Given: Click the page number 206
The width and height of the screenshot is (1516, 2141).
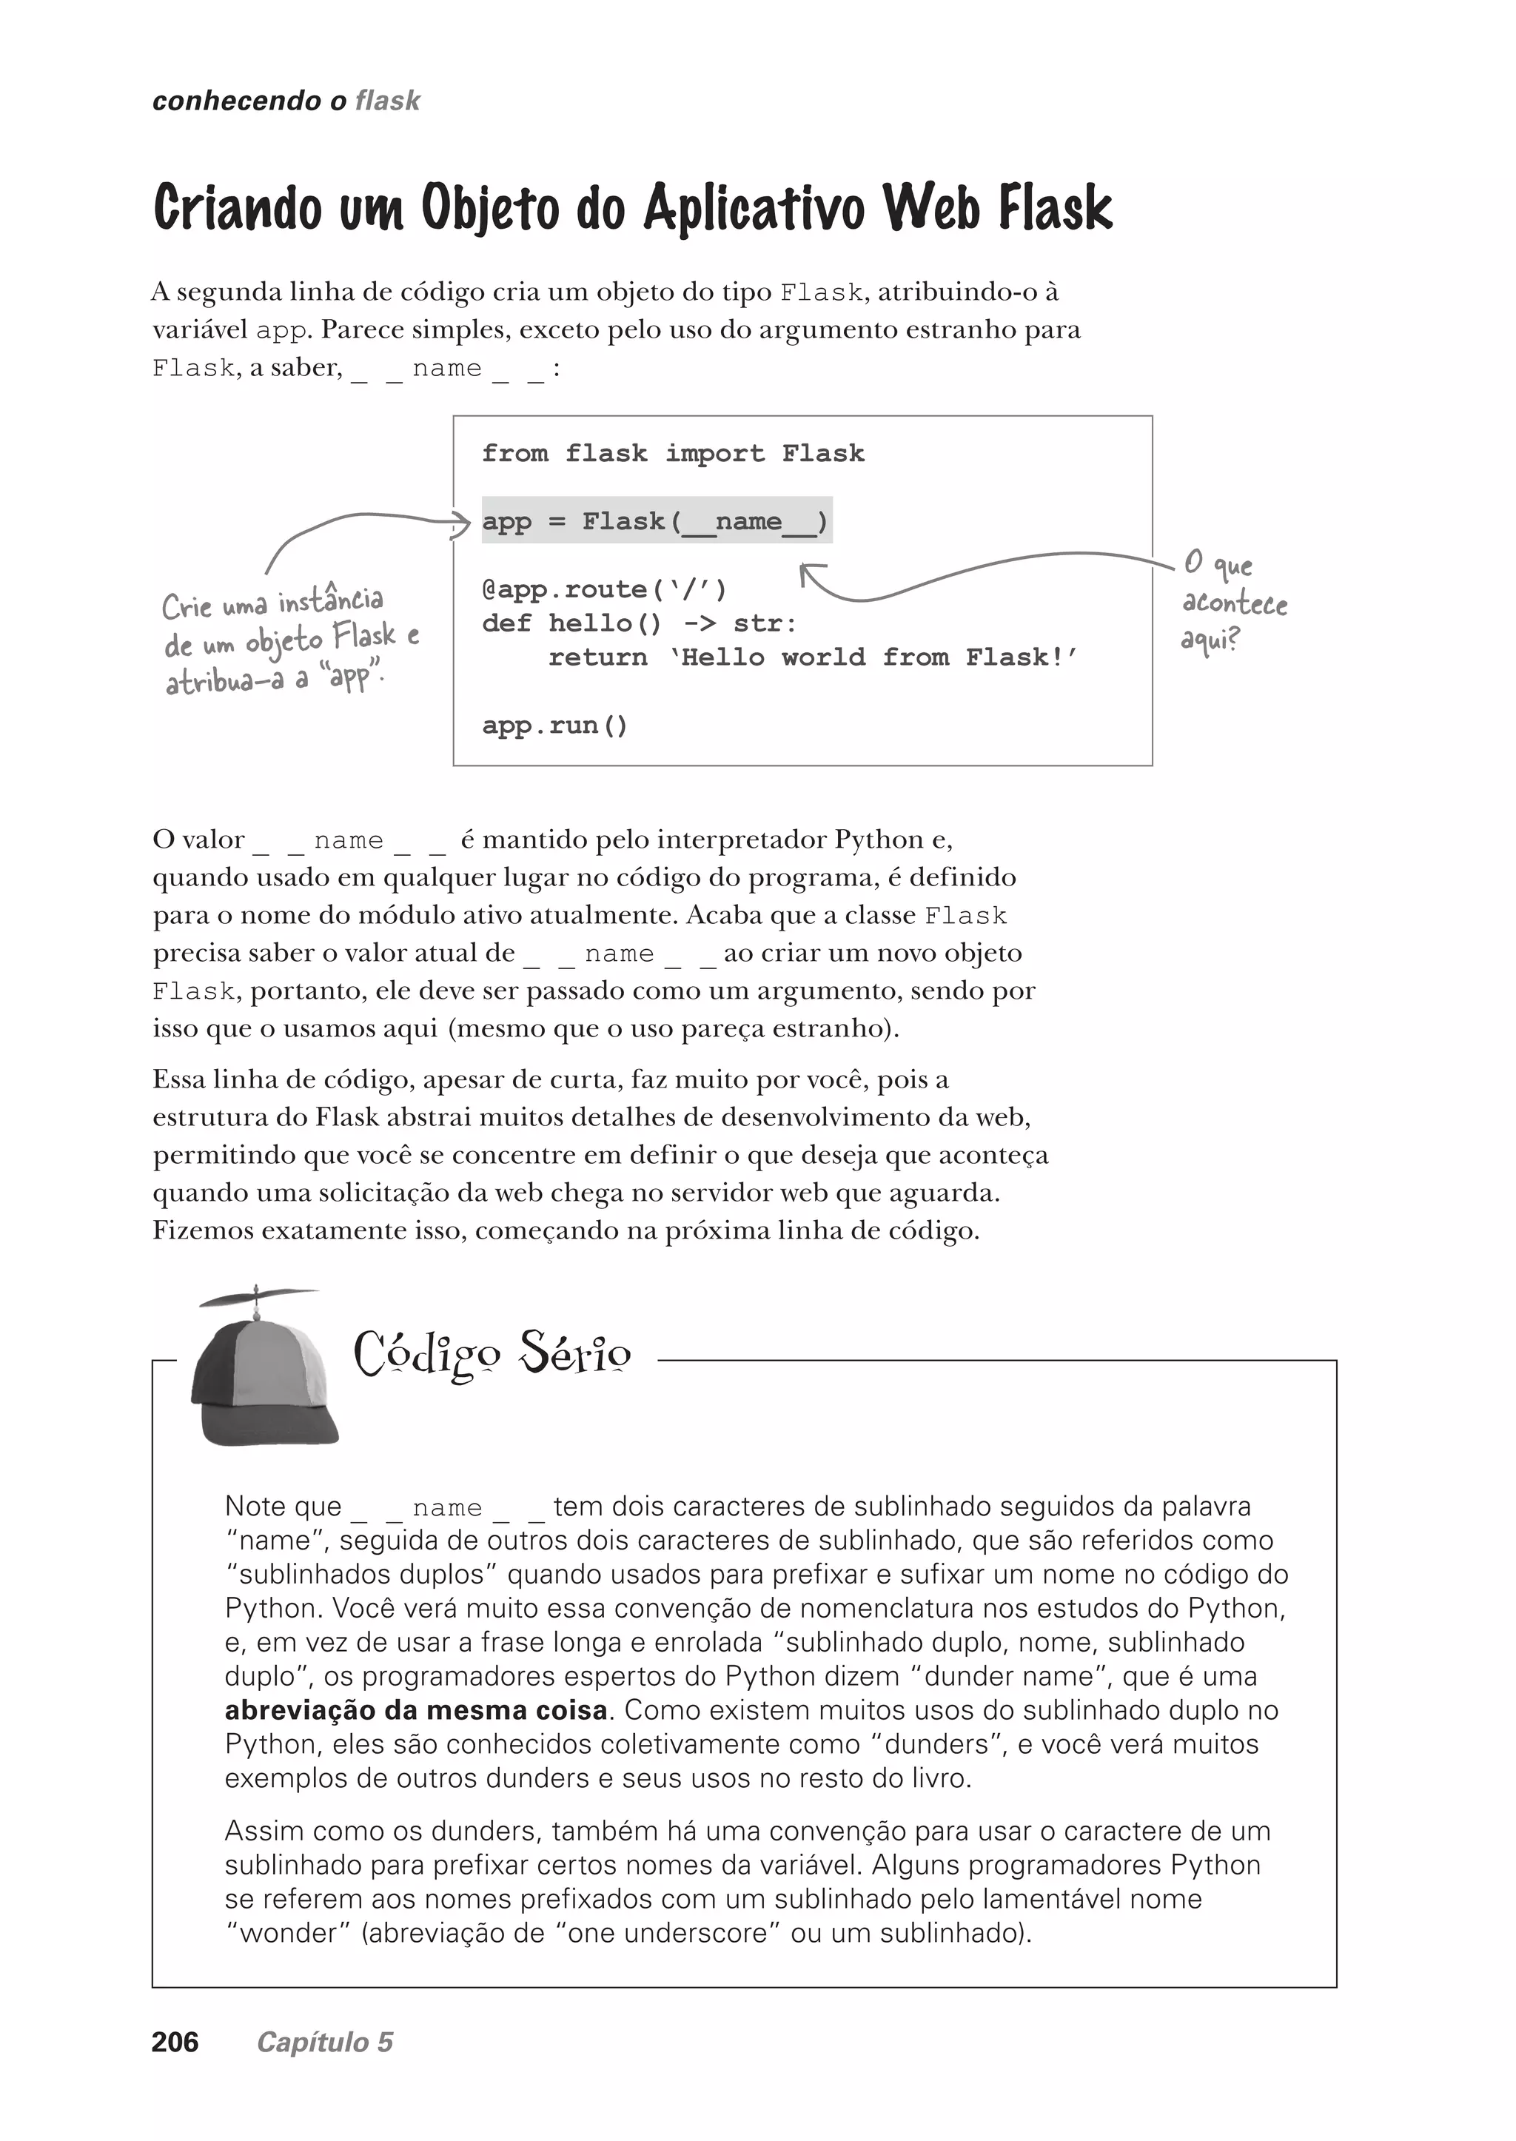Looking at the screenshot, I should pyautogui.click(x=175, y=2042).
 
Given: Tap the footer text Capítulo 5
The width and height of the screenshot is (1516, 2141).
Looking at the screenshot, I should pyautogui.click(x=325, y=2042).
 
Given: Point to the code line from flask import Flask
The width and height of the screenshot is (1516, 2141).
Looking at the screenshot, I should pyautogui.click(x=673, y=454).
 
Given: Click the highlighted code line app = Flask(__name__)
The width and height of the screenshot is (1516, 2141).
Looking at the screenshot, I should pyautogui.click(x=655, y=521).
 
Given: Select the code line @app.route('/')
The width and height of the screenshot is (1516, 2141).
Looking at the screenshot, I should pyautogui.click(x=604, y=589).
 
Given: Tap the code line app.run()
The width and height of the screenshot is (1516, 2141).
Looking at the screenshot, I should pyautogui.click(x=555, y=726).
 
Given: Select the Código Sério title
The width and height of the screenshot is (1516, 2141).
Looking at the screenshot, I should pyautogui.click(x=492, y=1355).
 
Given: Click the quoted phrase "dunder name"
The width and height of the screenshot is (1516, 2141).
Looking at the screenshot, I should pyautogui.click(x=1007, y=1676).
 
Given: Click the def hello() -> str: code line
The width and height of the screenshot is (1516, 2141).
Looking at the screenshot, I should pyautogui.click(x=640, y=624).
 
